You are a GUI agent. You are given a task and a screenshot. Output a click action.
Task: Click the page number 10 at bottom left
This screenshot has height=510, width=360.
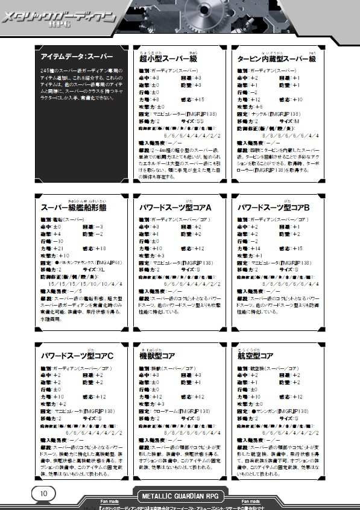pos(44,493)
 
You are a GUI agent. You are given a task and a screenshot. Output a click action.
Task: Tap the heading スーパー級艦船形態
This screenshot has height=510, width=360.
pos(72,208)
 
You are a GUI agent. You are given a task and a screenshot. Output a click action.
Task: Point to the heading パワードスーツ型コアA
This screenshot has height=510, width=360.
pos(175,208)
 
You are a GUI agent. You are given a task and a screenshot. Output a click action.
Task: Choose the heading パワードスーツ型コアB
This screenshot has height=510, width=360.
pos(273,208)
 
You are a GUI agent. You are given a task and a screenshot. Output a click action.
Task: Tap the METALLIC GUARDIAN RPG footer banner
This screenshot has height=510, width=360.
pos(180,496)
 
